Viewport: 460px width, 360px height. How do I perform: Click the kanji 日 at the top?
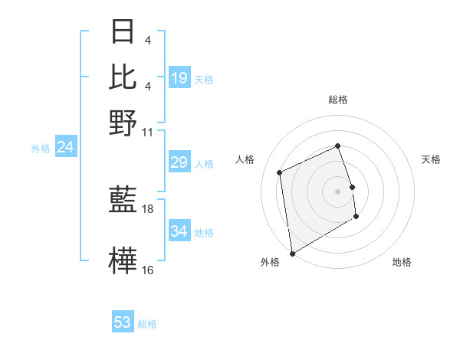click(x=123, y=33)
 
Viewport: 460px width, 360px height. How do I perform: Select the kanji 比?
click(x=123, y=77)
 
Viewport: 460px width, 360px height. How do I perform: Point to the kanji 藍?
click(x=123, y=201)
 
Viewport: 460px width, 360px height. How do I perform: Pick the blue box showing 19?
click(x=179, y=78)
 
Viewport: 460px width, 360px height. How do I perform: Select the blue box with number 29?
click(x=179, y=162)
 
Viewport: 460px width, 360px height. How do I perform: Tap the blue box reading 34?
click(x=179, y=231)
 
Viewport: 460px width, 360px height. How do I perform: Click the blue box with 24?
click(x=65, y=147)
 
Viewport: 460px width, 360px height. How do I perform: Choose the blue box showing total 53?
click(x=123, y=322)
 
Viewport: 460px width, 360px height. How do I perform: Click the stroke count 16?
click(x=148, y=270)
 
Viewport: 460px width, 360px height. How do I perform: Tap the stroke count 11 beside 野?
click(x=148, y=131)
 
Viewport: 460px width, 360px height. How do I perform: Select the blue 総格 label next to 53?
click(x=147, y=324)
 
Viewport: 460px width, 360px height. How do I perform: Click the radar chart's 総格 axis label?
click(x=338, y=100)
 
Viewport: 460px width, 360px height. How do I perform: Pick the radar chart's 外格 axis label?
click(x=270, y=263)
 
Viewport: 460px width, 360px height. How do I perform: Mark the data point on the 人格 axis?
click(x=280, y=172)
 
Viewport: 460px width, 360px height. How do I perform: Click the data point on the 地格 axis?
click(x=356, y=217)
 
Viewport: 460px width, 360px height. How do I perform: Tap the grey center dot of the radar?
click(x=338, y=191)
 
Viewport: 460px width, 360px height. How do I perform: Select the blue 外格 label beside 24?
click(x=41, y=149)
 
